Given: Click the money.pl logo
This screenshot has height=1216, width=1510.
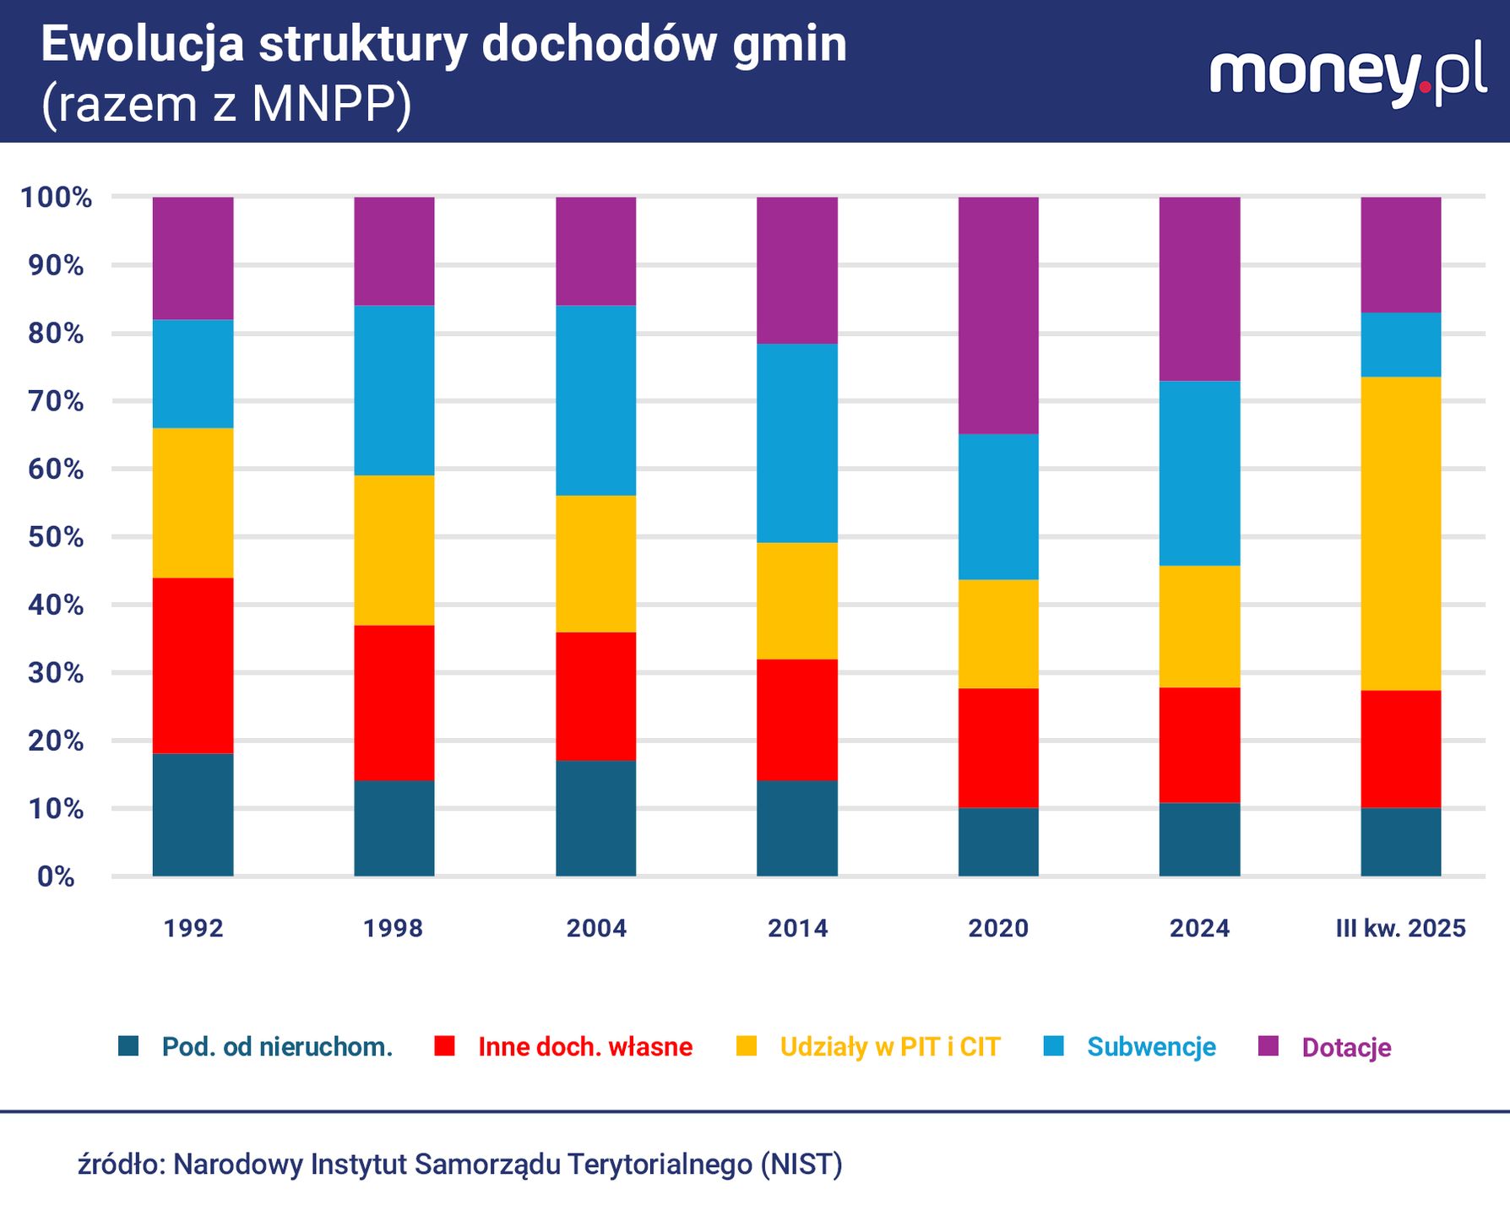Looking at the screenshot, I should (x=1347, y=76).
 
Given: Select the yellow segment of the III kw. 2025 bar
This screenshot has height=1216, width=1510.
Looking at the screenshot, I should (x=1400, y=534).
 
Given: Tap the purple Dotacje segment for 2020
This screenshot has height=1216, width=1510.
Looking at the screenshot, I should (x=998, y=316).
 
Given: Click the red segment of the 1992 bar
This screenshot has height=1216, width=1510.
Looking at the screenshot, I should (x=193, y=665).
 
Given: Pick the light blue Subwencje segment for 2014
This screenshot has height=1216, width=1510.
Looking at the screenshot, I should (x=796, y=443).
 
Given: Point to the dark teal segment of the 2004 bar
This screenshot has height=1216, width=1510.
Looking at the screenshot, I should (x=595, y=818).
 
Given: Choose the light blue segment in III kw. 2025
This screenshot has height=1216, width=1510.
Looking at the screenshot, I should (x=1400, y=345).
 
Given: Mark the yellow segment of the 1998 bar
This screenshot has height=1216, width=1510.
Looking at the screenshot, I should (x=394, y=551).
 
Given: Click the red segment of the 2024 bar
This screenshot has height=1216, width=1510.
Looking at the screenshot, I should (x=1199, y=745).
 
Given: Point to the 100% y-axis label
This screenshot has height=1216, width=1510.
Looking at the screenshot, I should (x=56, y=198).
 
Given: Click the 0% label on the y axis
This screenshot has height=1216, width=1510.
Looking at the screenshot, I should (x=56, y=877).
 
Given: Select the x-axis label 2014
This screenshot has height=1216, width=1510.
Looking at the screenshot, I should (x=797, y=928).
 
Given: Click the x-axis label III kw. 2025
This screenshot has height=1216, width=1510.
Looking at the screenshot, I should (x=1400, y=928).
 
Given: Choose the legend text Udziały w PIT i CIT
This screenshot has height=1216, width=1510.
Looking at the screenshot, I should (x=889, y=1047).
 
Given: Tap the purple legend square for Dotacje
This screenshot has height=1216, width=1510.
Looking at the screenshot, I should (x=1268, y=1046).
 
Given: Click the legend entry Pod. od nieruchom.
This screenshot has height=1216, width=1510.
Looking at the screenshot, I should (x=277, y=1047).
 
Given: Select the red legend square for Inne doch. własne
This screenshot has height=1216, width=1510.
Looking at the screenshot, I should (x=444, y=1046).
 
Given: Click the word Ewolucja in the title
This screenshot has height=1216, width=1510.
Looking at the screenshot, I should (x=143, y=45).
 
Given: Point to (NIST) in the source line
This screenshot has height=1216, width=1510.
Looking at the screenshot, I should (x=801, y=1164).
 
